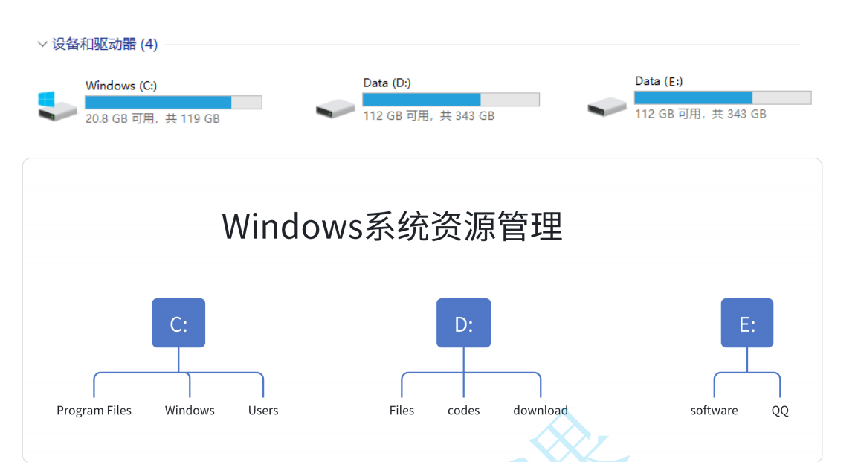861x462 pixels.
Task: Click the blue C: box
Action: click(178, 324)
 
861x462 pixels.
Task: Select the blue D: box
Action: click(463, 324)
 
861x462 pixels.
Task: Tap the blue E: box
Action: click(746, 324)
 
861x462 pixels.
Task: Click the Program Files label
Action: click(94, 411)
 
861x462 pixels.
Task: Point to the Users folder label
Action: click(263, 411)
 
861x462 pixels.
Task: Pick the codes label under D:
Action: click(464, 411)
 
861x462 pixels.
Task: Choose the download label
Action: click(541, 411)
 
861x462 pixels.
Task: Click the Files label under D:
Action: click(402, 411)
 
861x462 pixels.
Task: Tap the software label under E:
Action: click(714, 411)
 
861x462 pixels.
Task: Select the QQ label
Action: click(780, 411)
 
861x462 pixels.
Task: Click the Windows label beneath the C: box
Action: click(190, 411)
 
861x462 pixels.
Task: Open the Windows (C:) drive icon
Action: click(57, 106)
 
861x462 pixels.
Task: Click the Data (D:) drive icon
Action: click(335, 109)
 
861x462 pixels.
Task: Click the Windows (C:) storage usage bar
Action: click(173, 103)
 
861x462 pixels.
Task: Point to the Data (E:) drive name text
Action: click(659, 81)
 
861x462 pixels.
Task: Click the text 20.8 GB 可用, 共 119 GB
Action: click(152, 118)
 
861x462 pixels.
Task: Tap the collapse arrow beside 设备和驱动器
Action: click(42, 45)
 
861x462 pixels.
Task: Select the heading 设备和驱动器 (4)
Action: click(105, 45)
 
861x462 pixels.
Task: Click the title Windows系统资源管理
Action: click(392, 226)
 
